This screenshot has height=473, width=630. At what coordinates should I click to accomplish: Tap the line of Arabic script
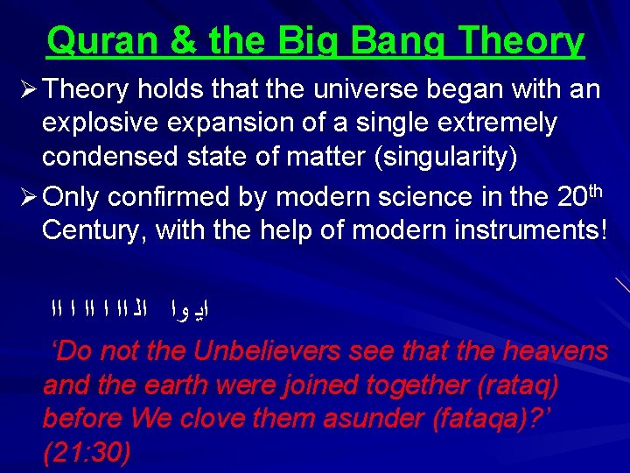131,307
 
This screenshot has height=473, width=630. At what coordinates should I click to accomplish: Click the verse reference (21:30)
87,453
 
